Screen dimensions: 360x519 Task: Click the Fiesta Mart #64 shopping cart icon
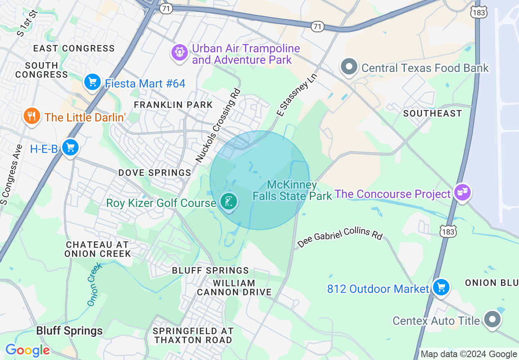92,83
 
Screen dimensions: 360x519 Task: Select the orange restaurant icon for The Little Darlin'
32,116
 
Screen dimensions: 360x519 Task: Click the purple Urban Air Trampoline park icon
179,53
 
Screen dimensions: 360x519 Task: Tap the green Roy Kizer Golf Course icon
228,202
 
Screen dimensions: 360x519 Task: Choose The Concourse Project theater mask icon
463,193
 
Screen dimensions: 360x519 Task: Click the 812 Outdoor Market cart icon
441,288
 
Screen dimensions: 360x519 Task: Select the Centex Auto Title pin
492,319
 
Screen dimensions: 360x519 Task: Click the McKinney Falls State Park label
292,191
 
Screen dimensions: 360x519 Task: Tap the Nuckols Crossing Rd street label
218,126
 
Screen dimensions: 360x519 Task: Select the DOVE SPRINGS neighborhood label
155,173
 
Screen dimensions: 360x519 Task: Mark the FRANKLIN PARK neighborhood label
173,105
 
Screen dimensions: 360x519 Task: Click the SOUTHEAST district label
432,113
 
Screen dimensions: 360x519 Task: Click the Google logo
27,350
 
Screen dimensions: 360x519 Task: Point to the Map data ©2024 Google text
469,354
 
